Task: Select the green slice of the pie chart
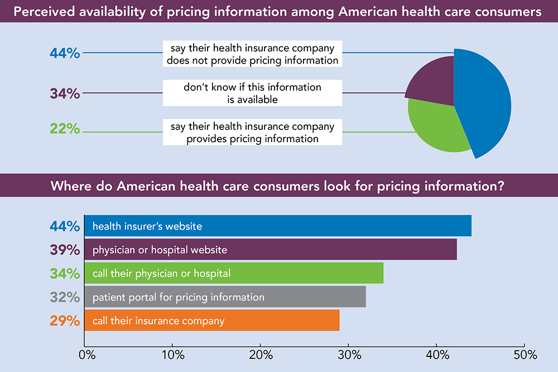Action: [x=438, y=128]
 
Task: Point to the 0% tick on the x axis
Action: [x=85, y=355]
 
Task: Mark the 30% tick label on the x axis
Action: [x=349, y=355]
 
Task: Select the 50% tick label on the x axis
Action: [x=524, y=355]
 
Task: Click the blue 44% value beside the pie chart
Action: [x=65, y=54]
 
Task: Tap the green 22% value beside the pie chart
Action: [x=65, y=129]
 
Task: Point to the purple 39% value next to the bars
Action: [x=65, y=250]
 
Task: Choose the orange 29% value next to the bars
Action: [x=65, y=321]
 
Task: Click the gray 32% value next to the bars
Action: [x=65, y=297]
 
